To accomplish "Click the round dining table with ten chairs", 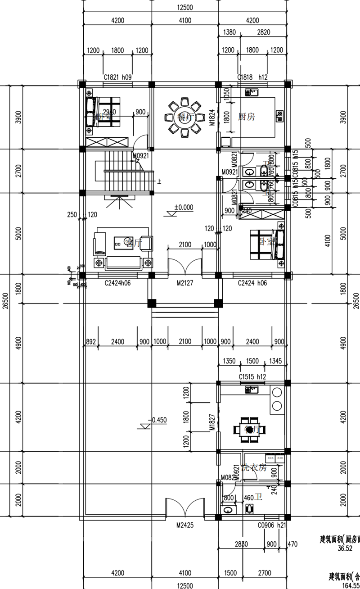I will point(183,117).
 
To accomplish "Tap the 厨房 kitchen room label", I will point(246,117).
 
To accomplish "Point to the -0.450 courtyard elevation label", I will point(158,420).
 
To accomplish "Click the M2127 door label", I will point(184,283).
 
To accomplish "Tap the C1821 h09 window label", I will point(118,77).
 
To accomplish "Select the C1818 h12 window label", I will point(252,77).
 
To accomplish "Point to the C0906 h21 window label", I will point(271,525).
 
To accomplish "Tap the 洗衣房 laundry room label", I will point(254,468).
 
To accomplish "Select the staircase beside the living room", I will point(121,172).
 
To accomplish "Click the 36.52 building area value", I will point(343,548).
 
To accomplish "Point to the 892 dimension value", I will point(91,342).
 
